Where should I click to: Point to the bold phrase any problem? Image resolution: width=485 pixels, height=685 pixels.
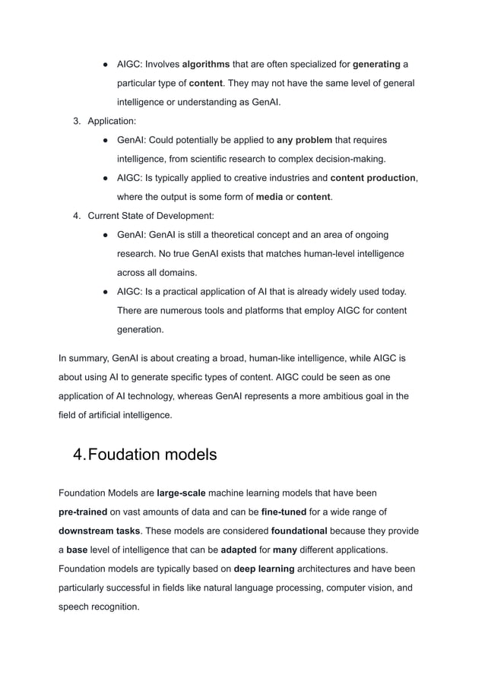tap(305, 140)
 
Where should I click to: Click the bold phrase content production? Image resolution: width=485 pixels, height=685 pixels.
tap(373, 178)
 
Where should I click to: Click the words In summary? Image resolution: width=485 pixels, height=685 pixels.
tap(83, 359)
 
